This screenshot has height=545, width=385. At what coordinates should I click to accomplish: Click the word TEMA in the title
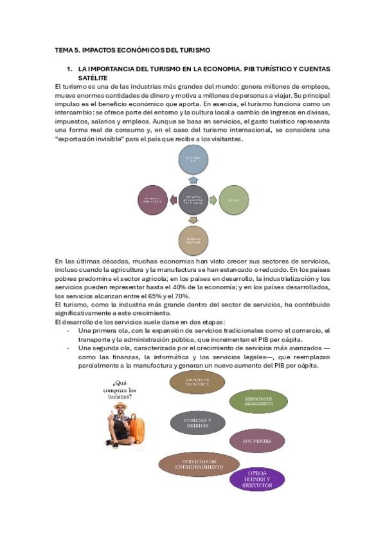click(62, 49)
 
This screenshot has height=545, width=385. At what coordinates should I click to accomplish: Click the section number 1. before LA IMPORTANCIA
click(70, 67)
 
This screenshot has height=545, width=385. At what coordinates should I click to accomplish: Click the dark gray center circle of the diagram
click(193, 200)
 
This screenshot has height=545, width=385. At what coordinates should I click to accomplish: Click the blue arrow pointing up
click(194, 181)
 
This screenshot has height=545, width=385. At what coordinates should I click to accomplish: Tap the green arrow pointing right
click(213, 200)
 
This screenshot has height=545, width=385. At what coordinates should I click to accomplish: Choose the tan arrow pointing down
click(194, 220)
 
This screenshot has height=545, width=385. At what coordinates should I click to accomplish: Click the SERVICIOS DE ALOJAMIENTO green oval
click(258, 401)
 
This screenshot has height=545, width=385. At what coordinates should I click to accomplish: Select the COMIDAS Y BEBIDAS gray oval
click(197, 422)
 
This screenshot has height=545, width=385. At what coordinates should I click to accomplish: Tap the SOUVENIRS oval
click(257, 441)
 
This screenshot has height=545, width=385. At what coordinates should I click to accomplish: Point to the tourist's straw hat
click(120, 406)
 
